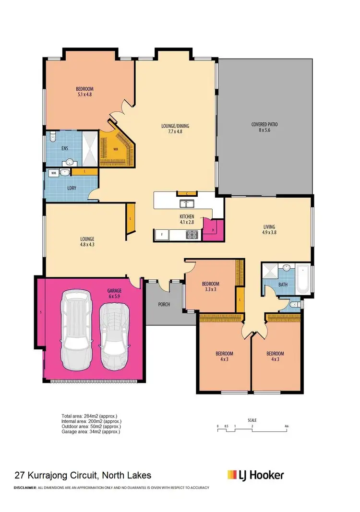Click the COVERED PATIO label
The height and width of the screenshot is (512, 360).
[x=264, y=124]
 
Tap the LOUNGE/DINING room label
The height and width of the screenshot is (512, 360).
[x=175, y=126]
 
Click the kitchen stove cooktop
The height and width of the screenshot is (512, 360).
[x=192, y=235]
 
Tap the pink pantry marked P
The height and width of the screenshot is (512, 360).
[x=213, y=230]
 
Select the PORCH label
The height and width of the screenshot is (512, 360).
[x=164, y=304]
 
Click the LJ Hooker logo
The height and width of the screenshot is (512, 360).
[x=255, y=475]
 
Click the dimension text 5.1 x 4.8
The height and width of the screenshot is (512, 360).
[x=84, y=95]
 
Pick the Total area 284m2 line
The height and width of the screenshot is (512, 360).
[x=89, y=416]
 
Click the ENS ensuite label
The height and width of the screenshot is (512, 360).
[x=65, y=149]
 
